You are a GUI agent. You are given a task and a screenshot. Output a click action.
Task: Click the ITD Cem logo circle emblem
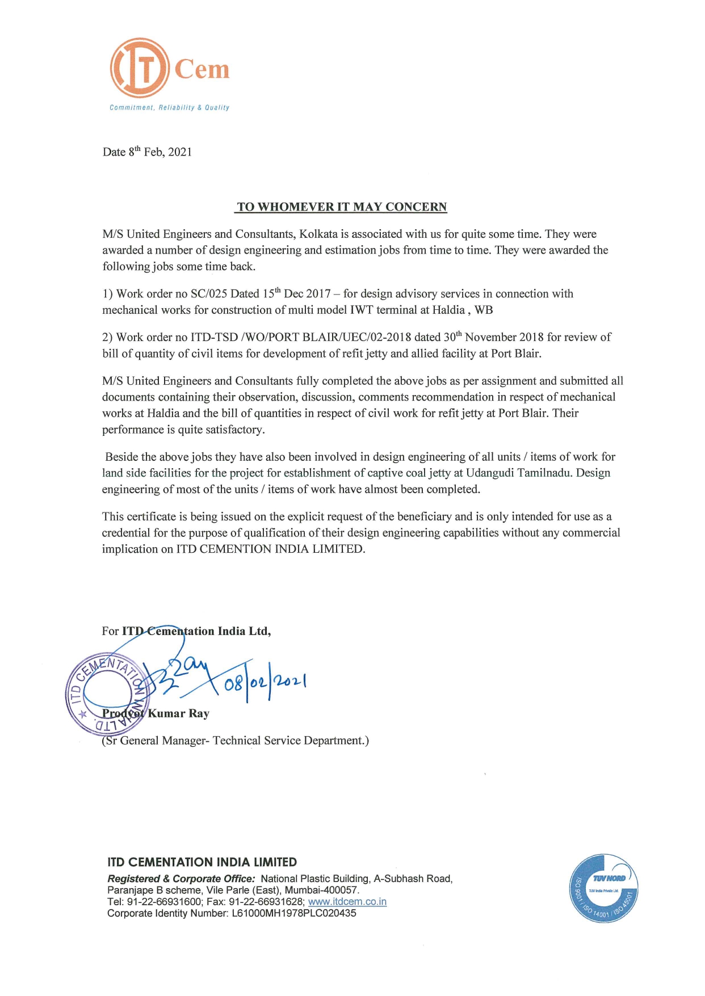click(140, 68)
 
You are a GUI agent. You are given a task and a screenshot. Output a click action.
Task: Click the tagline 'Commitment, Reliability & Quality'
click(169, 107)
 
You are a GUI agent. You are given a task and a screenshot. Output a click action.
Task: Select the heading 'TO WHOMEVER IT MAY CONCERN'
click(342, 207)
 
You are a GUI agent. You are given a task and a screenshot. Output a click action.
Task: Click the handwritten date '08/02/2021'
click(265, 681)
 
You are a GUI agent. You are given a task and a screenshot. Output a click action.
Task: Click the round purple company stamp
click(107, 694)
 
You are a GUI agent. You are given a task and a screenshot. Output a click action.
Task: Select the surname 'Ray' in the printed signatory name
click(199, 713)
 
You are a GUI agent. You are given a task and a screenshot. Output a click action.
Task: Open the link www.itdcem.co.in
click(347, 902)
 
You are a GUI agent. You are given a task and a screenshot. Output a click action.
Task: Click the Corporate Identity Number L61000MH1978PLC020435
click(294, 913)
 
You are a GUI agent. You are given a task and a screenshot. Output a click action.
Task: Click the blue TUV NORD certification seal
click(603, 888)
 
